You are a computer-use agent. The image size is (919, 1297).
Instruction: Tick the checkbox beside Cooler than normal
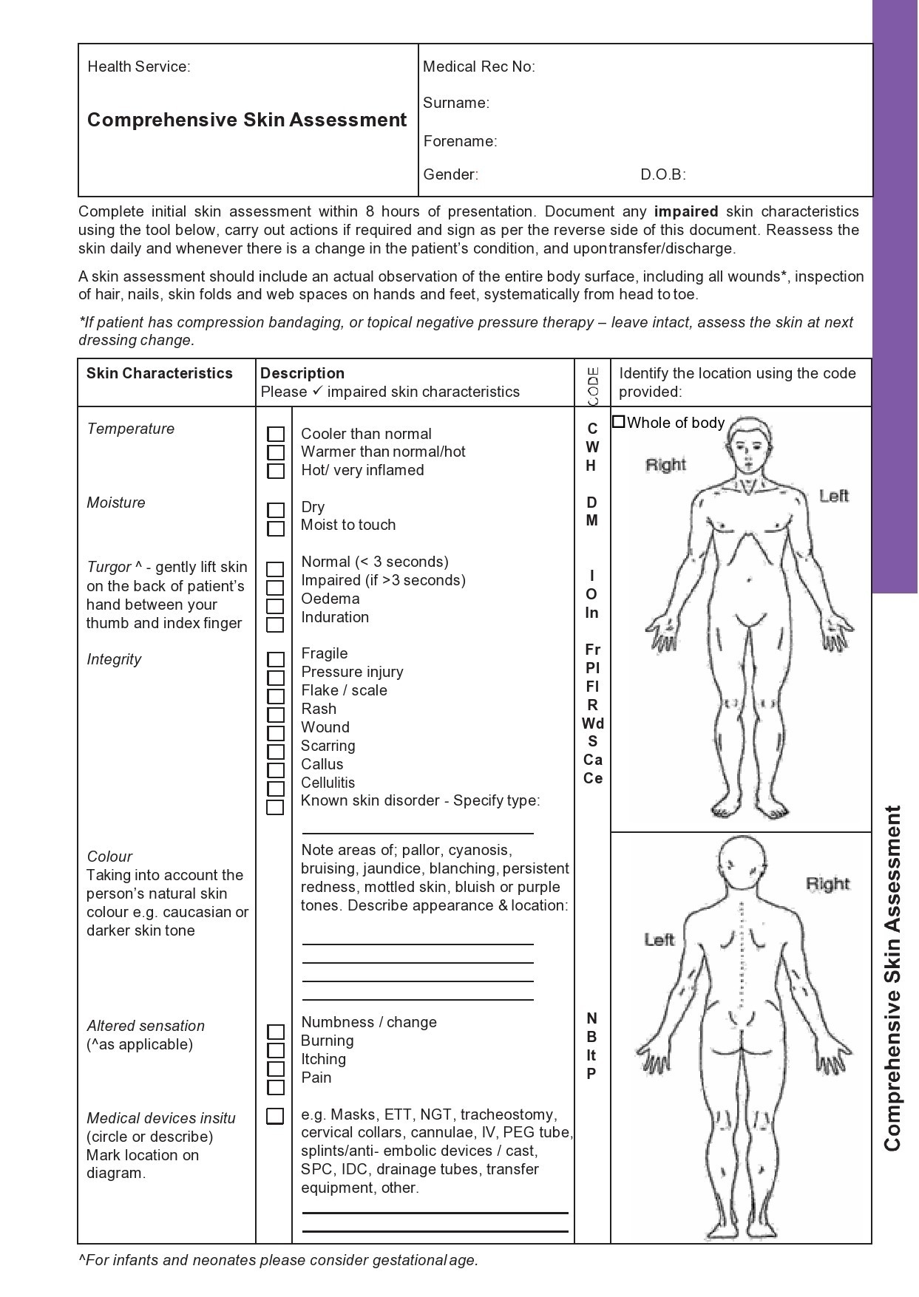275,435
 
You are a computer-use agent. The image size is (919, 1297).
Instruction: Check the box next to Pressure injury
275,678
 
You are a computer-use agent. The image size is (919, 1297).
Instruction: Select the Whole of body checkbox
619,422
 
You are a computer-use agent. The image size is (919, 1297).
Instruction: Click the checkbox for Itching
275,1069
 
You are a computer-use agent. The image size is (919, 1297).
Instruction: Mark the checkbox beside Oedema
275,606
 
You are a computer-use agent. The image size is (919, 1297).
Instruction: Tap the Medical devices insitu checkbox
275,1116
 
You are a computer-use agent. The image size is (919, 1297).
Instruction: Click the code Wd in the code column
592,724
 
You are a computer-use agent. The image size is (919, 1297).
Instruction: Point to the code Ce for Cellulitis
592,778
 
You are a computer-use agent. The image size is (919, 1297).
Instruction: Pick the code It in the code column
591,1055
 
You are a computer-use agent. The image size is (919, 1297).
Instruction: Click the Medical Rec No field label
478,67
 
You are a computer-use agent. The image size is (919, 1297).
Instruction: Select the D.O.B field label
662,175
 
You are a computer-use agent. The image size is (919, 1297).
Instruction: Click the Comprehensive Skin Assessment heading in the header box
247,120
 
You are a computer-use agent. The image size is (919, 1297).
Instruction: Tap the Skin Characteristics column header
159,373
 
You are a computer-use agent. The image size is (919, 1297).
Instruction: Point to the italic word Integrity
114,659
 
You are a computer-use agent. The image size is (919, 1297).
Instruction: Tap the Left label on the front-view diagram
833,496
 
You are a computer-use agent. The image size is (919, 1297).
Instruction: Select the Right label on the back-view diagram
827,884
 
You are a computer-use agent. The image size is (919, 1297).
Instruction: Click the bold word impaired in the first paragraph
685,212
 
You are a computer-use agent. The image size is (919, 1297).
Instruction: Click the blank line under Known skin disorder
417,831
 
